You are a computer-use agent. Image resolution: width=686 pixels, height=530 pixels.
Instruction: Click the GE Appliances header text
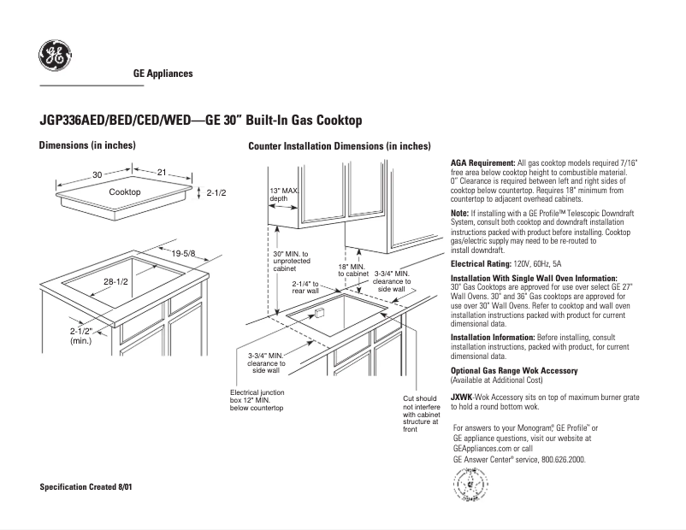[163, 74]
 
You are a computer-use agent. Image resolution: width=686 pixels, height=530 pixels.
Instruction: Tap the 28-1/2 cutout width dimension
[115, 281]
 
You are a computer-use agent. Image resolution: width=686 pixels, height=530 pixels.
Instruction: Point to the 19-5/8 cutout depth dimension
[183, 254]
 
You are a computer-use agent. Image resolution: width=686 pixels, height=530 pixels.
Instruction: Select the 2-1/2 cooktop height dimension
[216, 194]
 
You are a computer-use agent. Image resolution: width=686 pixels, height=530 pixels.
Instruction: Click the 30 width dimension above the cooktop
[98, 174]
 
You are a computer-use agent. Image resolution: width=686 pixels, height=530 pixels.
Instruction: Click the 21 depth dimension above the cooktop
[161, 174]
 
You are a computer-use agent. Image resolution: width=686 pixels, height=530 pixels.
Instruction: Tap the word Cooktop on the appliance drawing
[125, 192]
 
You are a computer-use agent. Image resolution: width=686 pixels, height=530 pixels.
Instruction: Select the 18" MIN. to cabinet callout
[353, 269]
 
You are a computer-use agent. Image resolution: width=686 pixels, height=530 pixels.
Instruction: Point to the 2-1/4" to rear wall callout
[305, 287]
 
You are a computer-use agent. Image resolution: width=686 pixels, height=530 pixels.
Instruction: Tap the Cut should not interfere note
[420, 414]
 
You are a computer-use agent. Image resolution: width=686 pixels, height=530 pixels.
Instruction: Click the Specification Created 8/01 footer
[86, 486]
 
